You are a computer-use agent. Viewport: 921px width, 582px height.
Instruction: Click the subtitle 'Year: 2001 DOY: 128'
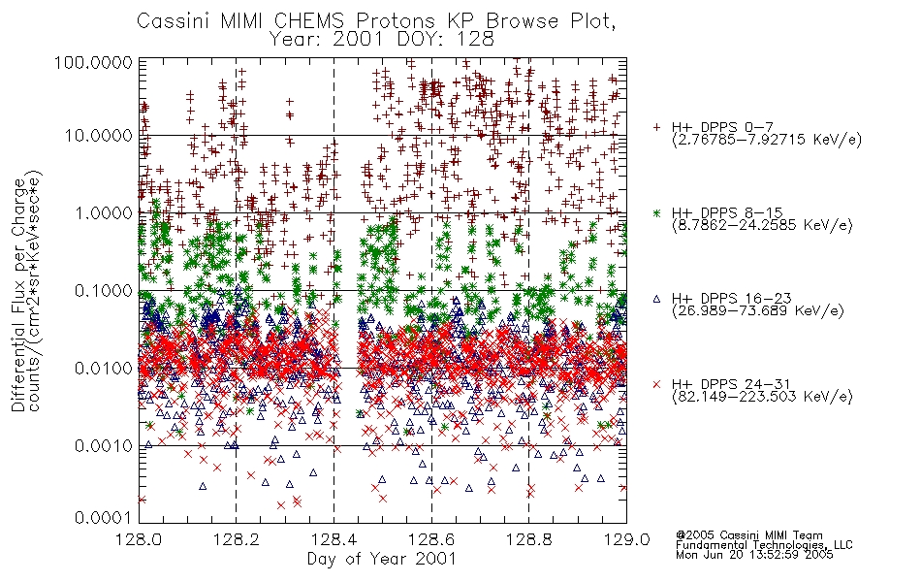pos(381,40)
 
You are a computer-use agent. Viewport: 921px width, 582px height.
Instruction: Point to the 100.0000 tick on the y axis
pos(93,62)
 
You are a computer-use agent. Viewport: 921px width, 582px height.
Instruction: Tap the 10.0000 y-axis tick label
pos(99,136)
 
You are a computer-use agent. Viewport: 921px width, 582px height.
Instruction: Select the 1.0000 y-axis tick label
pos(104,212)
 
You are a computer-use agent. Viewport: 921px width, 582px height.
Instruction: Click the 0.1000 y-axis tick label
pos(104,290)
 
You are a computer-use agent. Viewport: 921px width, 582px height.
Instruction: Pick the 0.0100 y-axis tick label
pos(104,369)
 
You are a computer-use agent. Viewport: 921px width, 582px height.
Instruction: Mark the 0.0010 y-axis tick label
pos(104,446)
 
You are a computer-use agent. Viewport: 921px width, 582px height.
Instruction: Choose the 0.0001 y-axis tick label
pos(104,517)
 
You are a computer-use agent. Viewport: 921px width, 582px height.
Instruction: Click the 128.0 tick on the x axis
pos(139,539)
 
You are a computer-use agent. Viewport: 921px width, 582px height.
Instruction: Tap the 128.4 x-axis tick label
pos(333,539)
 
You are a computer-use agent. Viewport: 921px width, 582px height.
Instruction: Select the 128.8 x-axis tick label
pos(528,539)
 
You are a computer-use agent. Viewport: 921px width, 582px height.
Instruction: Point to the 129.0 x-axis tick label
pos(626,539)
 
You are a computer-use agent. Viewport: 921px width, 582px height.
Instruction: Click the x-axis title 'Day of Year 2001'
pos(381,559)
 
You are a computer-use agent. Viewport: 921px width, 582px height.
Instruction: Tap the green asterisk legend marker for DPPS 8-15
pos(656,212)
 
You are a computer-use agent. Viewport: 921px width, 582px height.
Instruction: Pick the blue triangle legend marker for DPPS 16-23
pos(656,299)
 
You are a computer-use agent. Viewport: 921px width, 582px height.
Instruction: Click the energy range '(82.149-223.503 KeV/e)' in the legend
pos(762,397)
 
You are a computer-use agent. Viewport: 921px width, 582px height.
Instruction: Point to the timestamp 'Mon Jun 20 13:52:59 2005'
pos(754,555)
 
